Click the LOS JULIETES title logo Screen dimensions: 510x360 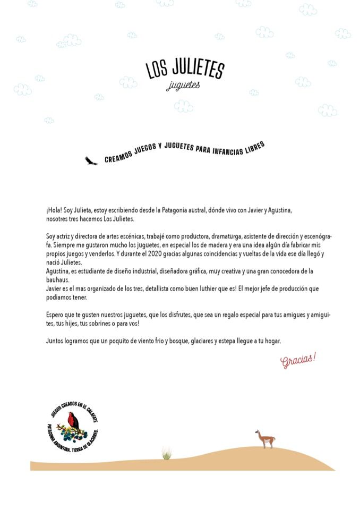click(x=185, y=69)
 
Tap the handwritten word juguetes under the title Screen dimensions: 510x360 click(x=183, y=86)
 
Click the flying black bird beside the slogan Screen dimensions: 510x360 click(x=91, y=160)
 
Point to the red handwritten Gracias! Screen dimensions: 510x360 click(x=298, y=360)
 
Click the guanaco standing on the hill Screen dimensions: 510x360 click(x=265, y=439)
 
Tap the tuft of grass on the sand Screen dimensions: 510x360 click(x=167, y=454)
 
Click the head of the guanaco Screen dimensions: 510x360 click(x=258, y=433)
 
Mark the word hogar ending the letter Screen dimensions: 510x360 click(x=272, y=341)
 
